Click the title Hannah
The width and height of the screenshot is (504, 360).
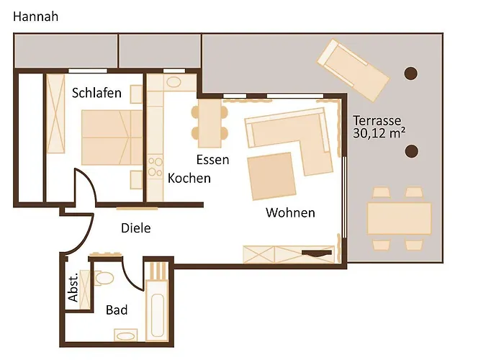36,17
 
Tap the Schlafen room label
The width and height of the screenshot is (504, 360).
96,94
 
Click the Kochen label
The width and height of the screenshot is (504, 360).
189,178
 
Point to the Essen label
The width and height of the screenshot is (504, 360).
212,160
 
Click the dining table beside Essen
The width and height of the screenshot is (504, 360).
210,122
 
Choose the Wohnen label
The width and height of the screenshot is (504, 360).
290,212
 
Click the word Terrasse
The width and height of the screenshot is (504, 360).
377,120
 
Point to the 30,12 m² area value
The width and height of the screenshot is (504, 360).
379,133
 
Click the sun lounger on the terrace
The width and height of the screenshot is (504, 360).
354,70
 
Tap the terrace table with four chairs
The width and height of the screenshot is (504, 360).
399,218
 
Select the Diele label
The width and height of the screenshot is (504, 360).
135,228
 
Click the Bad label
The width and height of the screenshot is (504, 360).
117,310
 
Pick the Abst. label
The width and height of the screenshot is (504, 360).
73,289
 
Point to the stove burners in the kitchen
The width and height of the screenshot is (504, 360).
155,167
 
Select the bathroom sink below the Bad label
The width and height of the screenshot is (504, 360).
125,335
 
